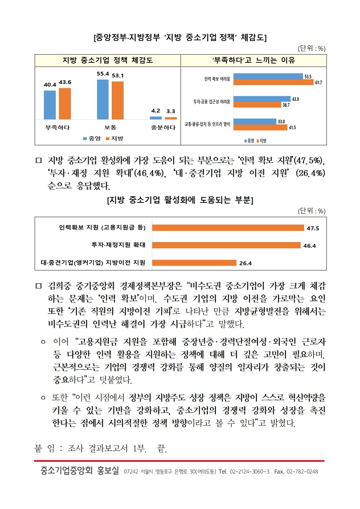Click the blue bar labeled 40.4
(50, 105)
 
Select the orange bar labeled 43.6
(65, 103)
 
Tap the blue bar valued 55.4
(103, 99)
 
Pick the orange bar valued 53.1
(118, 100)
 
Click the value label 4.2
(156, 111)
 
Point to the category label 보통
(110, 128)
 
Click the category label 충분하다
(163, 128)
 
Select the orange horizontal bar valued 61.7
(273, 82)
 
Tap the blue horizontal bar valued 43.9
(262, 99)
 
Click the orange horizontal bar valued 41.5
(260, 127)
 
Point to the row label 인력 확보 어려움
(217, 79)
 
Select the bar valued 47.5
(228, 228)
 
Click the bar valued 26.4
(194, 263)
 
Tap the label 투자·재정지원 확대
(118, 245)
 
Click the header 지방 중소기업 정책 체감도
(107, 60)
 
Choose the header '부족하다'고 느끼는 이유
(253, 60)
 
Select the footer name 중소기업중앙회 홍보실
(79, 471)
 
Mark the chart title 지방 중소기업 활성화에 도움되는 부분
(180, 200)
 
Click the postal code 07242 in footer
(131, 472)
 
